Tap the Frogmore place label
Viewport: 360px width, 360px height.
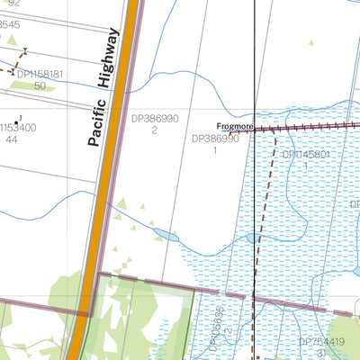pos(234,127)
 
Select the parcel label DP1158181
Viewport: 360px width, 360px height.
pos(40,74)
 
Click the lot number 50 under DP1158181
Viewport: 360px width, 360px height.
pos(40,85)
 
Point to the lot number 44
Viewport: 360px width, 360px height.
pos(11,139)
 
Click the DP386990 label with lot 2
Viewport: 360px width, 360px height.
pos(155,119)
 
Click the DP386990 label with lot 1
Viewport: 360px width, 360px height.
pos(215,139)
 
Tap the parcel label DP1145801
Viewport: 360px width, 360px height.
pos(307,155)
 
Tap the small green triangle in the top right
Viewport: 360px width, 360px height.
pos(310,41)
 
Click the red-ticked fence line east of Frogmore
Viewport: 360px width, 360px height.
pos(306,129)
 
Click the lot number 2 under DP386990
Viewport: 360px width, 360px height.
pos(155,130)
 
